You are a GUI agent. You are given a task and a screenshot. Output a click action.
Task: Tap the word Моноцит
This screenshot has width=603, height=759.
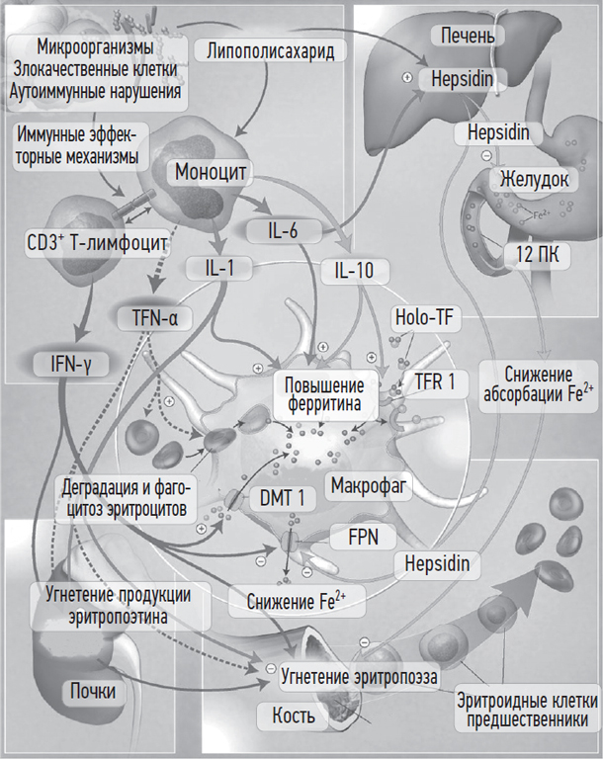211,170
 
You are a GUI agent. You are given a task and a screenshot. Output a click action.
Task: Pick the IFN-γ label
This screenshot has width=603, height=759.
68,363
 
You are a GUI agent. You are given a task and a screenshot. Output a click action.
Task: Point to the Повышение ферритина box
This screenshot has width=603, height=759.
324,393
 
